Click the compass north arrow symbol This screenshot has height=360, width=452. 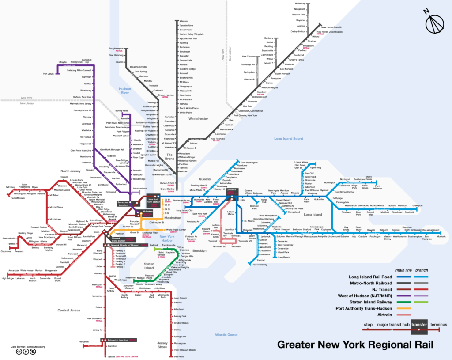[x=436, y=23]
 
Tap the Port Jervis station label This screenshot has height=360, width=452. [x=49, y=73]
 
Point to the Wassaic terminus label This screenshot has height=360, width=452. [x=184, y=21]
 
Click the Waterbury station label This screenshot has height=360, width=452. [x=301, y=4]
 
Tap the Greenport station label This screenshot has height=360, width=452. [x=417, y=205]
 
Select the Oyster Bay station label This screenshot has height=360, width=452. [x=316, y=167]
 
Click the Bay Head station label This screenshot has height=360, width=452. [x=179, y=356]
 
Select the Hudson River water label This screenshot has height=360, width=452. [x=125, y=91]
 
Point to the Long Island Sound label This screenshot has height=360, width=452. [x=289, y=139]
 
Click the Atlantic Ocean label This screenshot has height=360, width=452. [x=226, y=335]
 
